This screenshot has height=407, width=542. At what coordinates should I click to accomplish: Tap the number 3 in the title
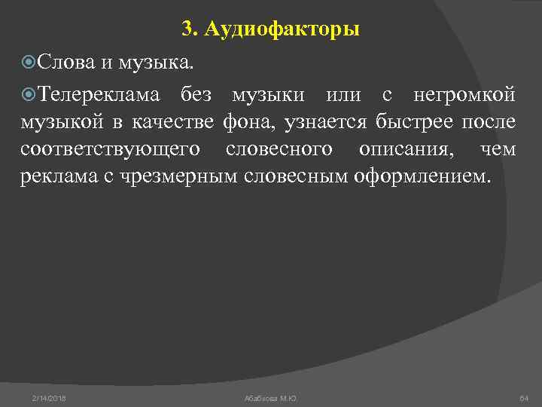coord(187,29)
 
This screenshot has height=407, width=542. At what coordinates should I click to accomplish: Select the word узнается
coord(325,122)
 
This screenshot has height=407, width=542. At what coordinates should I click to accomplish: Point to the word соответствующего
coord(111,149)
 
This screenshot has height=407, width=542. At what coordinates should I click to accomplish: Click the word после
coord(489,122)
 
